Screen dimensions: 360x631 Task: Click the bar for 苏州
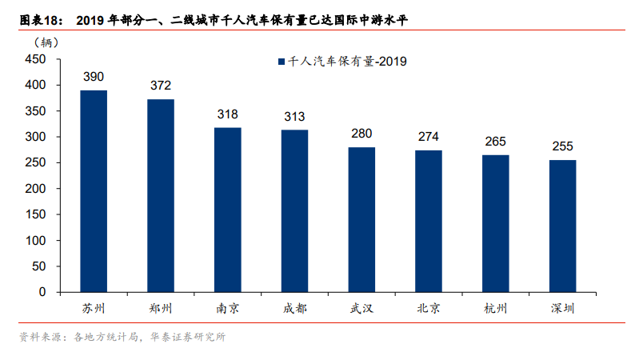pos(94,191)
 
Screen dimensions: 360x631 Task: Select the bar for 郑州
pos(161,196)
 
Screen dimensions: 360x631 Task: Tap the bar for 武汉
pos(361,220)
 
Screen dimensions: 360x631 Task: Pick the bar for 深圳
pos(562,226)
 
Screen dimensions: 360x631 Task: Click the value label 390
pos(94,77)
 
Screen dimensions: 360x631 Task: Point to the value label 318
pos(227,114)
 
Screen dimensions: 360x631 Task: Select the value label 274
pos(429,137)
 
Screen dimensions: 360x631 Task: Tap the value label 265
pos(495,142)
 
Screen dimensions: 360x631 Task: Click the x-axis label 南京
pos(227,308)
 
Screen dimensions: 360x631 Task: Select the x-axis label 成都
pos(294,308)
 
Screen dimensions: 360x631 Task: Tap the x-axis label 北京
pos(429,308)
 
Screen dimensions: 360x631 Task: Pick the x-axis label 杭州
pos(495,308)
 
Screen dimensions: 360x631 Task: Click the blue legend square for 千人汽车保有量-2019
pos(281,61)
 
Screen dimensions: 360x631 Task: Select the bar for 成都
pos(294,211)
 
